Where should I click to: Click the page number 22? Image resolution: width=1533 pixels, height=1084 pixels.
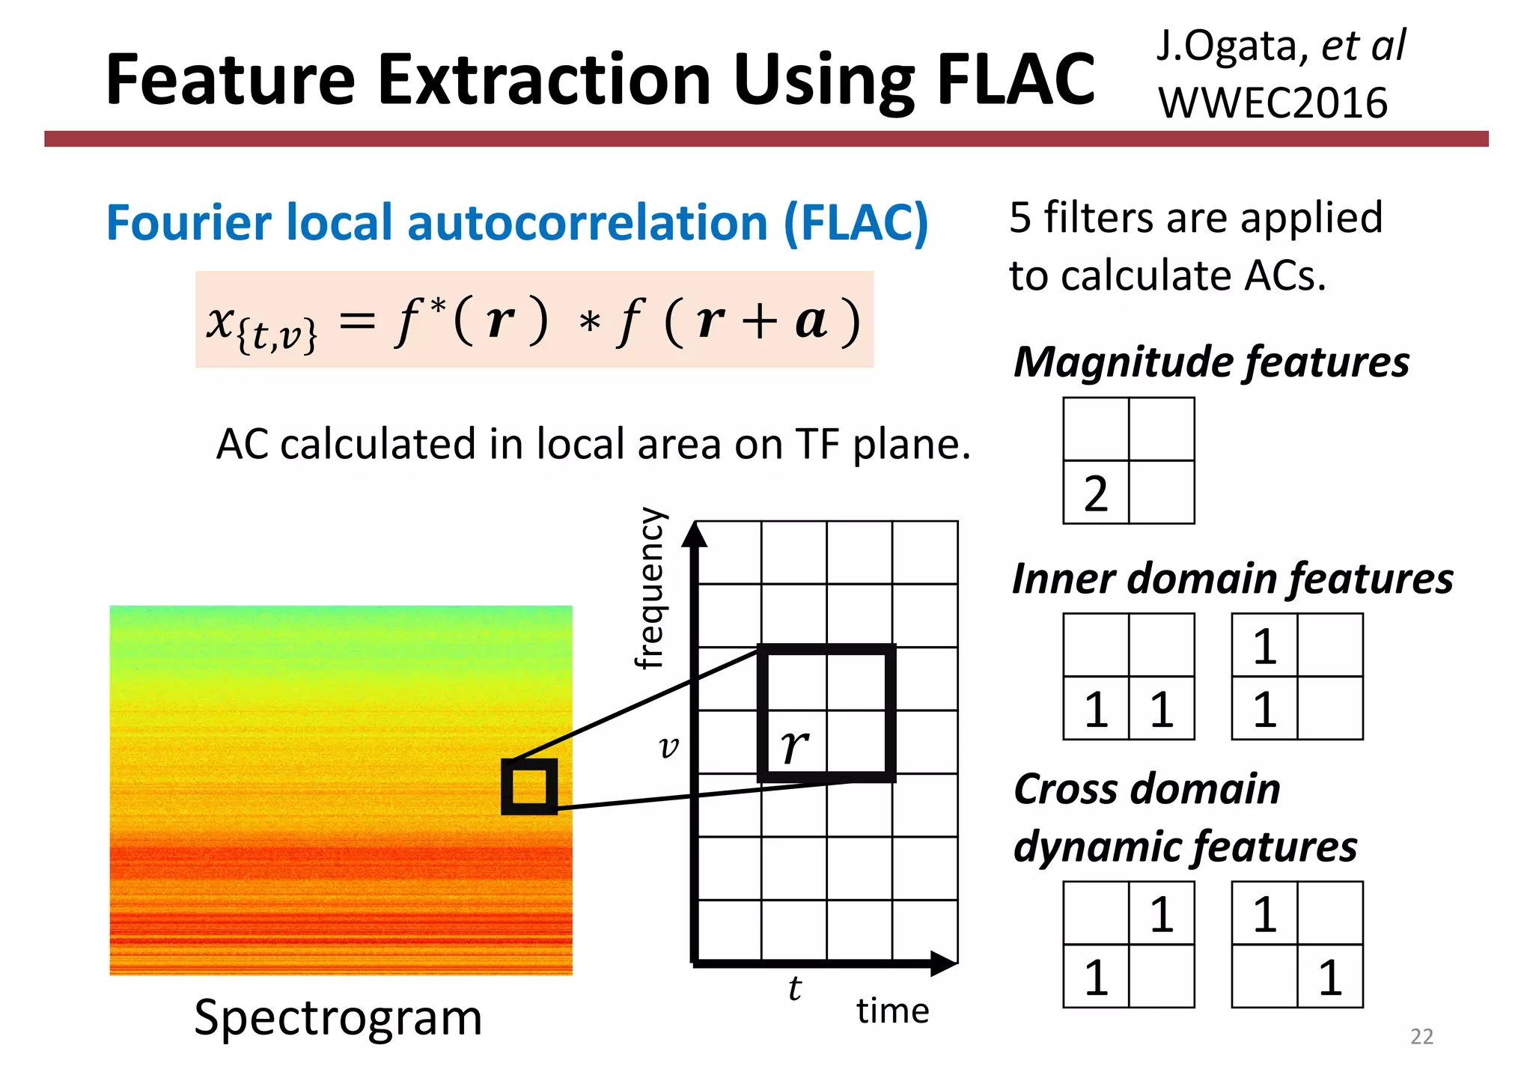[1421, 1036]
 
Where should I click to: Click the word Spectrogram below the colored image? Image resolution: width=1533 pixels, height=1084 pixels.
[338, 1017]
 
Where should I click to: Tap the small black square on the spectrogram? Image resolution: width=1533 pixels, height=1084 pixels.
[529, 786]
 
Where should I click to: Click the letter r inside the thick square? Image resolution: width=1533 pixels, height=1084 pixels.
[793, 746]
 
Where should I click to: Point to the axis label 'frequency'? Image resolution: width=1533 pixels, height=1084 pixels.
[649, 588]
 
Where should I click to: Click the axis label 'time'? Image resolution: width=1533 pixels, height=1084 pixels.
[892, 1011]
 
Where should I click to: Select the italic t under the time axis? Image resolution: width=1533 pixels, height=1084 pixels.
[795, 989]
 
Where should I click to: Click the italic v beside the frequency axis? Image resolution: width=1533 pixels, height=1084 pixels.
[668, 746]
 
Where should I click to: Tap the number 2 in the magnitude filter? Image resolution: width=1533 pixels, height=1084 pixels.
[1095, 494]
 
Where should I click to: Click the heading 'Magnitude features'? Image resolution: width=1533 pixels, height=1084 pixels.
[1211, 362]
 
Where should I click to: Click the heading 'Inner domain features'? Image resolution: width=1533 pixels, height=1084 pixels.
[1232, 579]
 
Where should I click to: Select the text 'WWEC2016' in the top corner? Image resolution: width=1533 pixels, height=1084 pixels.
[1273, 103]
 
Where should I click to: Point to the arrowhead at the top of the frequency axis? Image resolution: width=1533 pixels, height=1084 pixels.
[695, 535]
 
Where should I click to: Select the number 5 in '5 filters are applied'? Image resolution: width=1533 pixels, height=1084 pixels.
[1020, 218]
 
